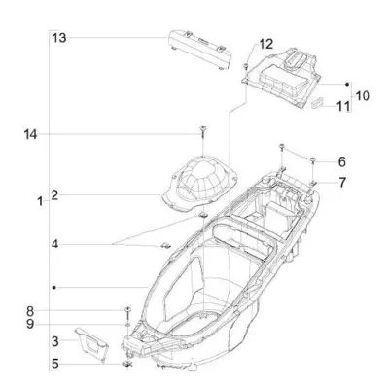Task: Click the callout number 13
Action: click(59, 38)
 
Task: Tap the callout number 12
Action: click(265, 44)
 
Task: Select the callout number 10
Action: click(363, 96)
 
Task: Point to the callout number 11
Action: click(343, 106)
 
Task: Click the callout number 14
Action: click(30, 134)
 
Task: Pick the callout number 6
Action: click(342, 162)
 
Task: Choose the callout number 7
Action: click(342, 183)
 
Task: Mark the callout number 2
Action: click(54, 195)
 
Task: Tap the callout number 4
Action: click(54, 244)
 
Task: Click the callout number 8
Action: click(30, 311)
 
